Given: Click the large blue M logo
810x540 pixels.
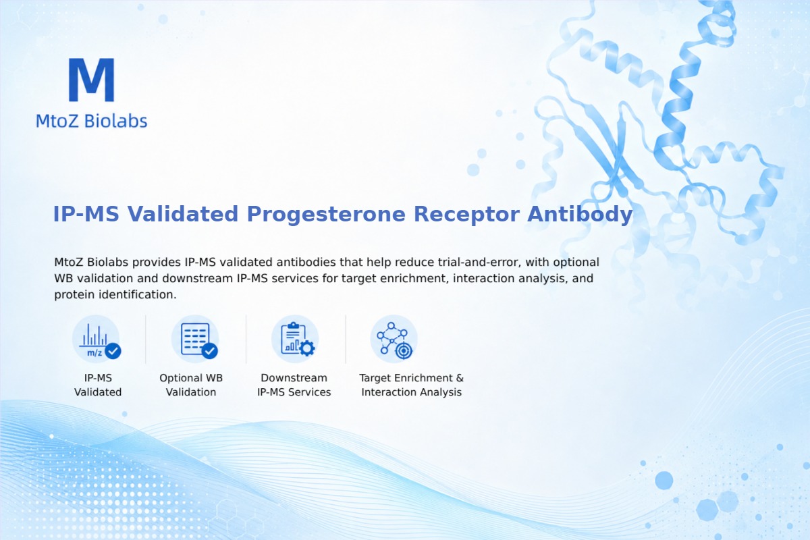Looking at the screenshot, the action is point(92,80).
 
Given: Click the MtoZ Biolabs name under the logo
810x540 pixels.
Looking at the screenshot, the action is point(92,121).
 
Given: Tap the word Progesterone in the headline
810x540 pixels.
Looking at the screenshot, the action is point(326,214).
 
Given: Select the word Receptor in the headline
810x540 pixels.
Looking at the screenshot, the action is point(466,215).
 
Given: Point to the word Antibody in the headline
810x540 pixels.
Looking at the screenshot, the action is point(580,215).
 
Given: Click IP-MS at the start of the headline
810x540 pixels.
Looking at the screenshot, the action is point(86,214).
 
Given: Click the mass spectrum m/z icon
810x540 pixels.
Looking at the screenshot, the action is point(96,340).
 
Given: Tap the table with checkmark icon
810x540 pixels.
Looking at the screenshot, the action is point(195,340).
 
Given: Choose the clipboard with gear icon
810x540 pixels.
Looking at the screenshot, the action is point(295,340).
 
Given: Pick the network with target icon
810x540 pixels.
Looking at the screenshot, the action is point(394,340).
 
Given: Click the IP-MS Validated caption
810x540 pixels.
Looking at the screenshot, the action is point(98,385).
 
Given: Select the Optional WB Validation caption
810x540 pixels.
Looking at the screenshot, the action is point(191,385).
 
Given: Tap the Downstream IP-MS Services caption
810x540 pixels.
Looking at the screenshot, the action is point(294,385).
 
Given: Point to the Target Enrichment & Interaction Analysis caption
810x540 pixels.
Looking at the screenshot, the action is point(412,385).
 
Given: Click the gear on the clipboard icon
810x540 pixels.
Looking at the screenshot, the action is point(307,348).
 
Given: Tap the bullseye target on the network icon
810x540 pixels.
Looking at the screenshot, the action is point(404,351).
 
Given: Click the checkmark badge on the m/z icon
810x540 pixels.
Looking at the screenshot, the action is point(113,350).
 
